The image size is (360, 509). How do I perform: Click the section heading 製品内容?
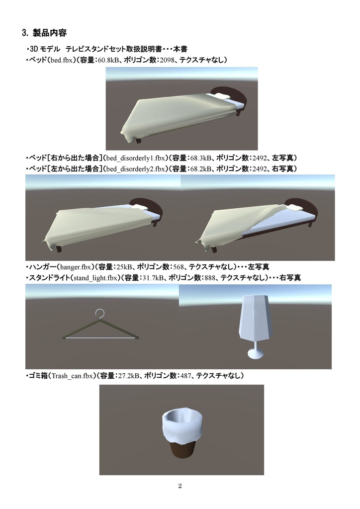pos(49,33)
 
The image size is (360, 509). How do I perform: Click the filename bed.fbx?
pos(59,61)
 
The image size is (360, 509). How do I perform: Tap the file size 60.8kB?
pos(109,61)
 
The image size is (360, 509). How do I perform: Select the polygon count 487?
pos(183,376)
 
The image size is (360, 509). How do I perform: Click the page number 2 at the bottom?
pos(180,486)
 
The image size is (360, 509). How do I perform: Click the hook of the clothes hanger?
pos(100,313)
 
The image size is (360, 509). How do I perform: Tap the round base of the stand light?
pos(256,354)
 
